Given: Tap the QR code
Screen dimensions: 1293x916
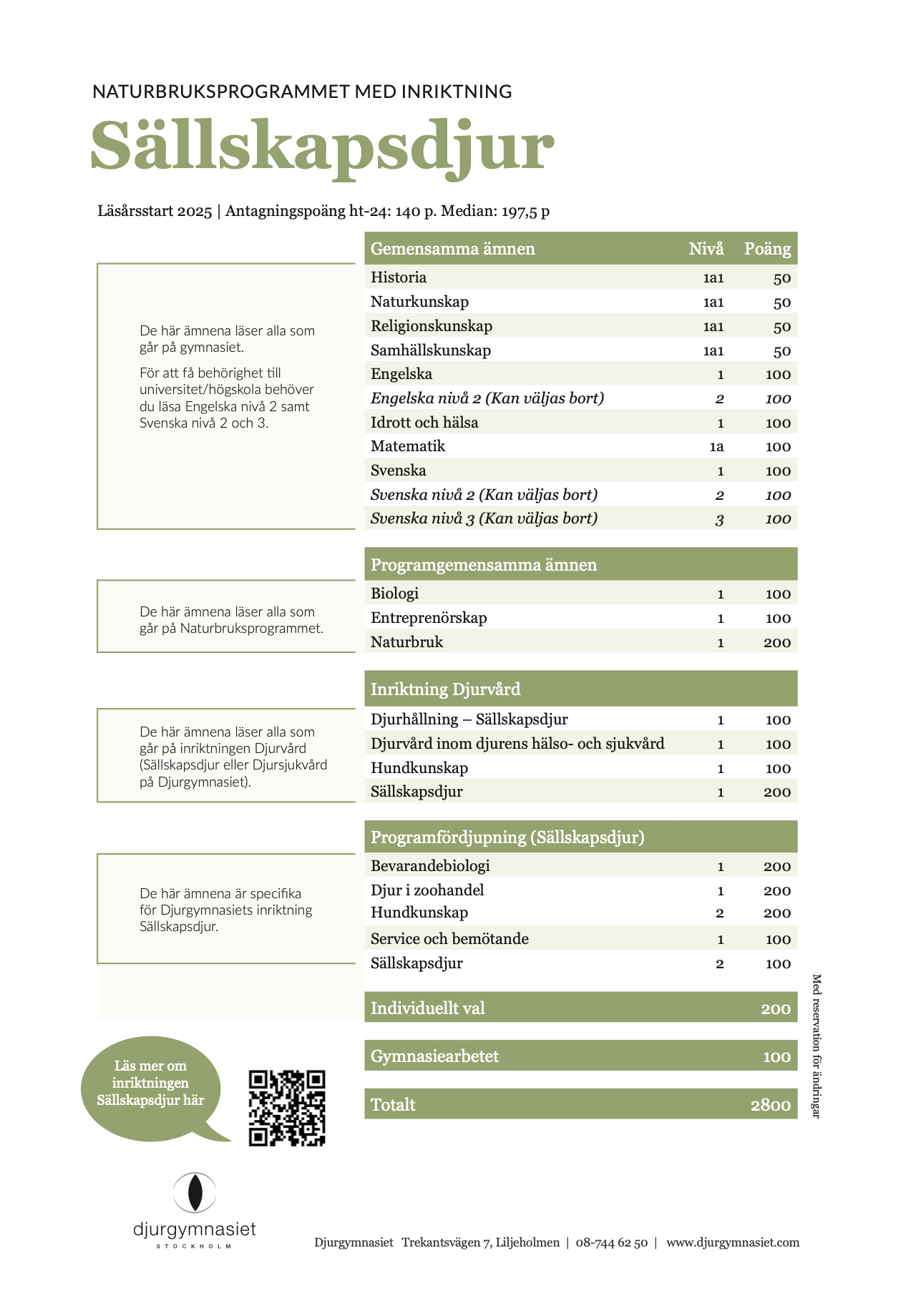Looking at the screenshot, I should (x=287, y=1108).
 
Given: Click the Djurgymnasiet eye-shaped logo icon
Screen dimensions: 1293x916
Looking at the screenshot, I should (x=194, y=1192).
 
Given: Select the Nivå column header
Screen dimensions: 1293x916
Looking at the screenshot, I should (x=706, y=249).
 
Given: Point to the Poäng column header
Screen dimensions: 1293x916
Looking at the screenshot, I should (x=767, y=249).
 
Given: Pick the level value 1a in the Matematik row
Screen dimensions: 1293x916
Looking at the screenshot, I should (x=716, y=447).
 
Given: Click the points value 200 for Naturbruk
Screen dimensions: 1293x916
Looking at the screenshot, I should (x=776, y=642).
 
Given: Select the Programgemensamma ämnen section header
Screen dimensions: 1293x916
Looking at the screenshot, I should (x=484, y=565).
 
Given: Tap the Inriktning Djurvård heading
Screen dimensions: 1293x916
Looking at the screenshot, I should (x=445, y=689).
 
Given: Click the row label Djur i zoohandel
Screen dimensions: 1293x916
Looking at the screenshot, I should (x=427, y=890).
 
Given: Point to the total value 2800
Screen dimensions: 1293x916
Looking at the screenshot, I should (x=770, y=1105).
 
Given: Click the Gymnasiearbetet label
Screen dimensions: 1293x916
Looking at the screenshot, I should (x=434, y=1056).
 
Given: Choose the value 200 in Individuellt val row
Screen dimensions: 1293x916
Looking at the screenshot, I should (x=776, y=1009).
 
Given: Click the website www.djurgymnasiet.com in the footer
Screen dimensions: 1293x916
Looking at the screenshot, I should (x=733, y=1242).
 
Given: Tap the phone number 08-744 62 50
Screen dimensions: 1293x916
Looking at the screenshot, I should (x=611, y=1242).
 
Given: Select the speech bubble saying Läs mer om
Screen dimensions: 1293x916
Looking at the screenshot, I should (x=150, y=1083).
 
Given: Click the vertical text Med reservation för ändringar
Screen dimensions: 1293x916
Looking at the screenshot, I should (x=816, y=1046).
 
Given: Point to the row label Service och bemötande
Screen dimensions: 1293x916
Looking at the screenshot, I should (x=449, y=939).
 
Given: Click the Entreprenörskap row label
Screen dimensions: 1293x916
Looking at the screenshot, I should (x=429, y=618).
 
